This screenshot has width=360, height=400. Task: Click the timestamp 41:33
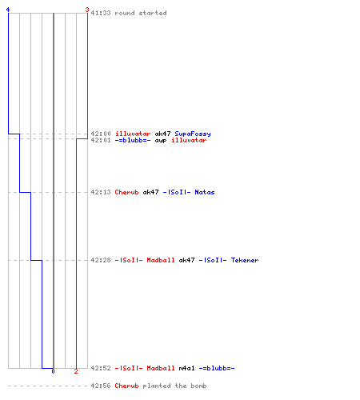click(101, 13)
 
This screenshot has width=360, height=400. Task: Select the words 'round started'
click(141, 13)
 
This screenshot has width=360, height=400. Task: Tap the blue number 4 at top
click(8, 10)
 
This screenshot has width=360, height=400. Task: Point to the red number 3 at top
click(87, 10)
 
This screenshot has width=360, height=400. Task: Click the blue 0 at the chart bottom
click(53, 371)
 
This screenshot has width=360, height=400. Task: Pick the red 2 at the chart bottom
click(76, 371)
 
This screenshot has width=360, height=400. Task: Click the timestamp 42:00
click(101, 134)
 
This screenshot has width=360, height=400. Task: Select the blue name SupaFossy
click(193, 134)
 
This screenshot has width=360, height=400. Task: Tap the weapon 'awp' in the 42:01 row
click(161, 140)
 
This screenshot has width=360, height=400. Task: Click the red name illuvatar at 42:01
click(189, 140)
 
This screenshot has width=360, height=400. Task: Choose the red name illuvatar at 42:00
click(133, 134)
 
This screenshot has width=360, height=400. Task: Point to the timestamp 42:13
click(101, 192)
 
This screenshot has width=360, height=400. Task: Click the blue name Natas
click(205, 192)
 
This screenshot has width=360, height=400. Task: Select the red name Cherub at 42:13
click(126, 192)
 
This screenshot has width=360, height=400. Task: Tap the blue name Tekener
click(245, 260)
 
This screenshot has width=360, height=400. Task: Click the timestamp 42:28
click(101, 260)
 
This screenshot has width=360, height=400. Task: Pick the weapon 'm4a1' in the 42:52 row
click(186, 368)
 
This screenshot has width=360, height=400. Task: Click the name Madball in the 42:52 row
click(161, 368)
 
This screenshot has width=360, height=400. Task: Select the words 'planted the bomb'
click(174, 386)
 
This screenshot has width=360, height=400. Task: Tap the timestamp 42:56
click(101, 386)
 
